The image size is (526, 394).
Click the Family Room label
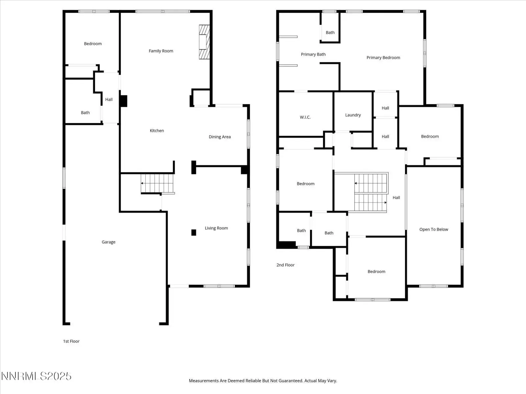[x=161, y=51]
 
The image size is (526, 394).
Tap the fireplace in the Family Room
[x=204, y=42]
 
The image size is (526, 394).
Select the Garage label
[x=108, y=242]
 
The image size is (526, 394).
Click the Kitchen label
[x=157, y=131]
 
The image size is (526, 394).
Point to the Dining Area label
[x=220, y=137]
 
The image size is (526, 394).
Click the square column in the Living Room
[x=194, y=232]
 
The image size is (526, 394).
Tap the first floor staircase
[x=157, y=184]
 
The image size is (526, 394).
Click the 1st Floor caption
[x=71, y=341]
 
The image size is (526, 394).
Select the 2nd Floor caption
[x=285, y=265]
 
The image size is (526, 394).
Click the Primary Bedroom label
[x=383, y=58]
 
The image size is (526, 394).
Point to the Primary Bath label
[x=313, y=54]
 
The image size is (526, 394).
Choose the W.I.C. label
[x=305, y=117]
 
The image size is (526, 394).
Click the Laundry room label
[x=353, y=115]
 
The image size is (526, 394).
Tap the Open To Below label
[x=434, y=230]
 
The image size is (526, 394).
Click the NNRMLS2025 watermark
[x=36, y=376]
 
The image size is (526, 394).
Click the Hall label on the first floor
[x=109, y=99]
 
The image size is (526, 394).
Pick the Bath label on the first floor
[x=85, y=113]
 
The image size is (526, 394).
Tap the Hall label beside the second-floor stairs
[x=396, y=198]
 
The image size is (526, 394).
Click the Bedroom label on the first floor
[x=93, y=44]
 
